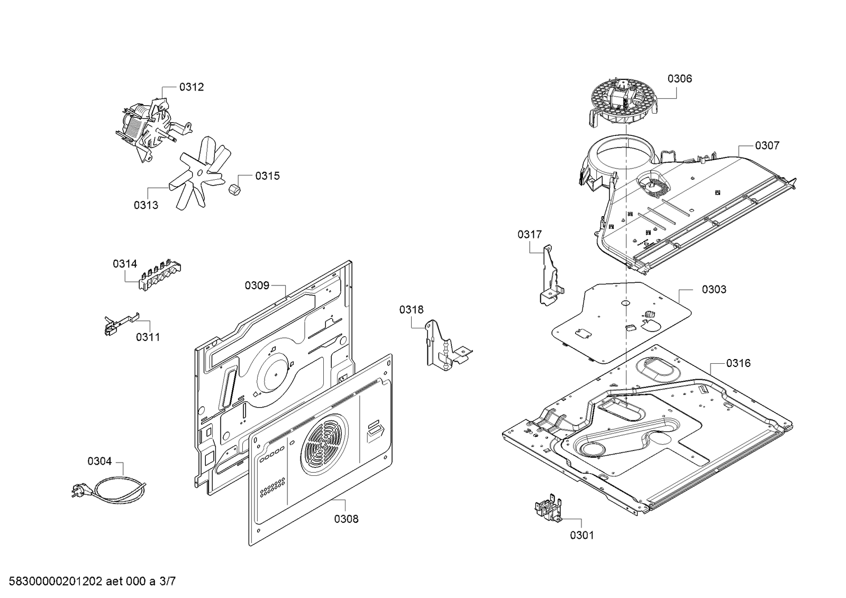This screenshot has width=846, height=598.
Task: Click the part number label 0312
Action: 192,87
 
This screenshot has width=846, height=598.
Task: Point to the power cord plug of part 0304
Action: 78,491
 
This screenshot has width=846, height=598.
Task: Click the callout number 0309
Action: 257,286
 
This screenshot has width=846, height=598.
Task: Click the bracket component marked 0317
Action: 550,275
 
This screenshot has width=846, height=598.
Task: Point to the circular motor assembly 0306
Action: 624,102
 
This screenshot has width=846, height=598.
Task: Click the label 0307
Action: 767,146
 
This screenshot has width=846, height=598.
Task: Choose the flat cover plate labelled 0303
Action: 621,323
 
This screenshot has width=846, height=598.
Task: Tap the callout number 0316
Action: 739,363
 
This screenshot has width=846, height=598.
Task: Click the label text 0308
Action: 347,519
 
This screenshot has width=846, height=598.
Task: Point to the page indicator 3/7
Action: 167,582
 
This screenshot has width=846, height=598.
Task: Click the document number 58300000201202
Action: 56,582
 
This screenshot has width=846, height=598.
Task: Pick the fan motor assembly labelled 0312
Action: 153,125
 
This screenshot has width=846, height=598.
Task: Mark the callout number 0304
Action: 99,462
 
